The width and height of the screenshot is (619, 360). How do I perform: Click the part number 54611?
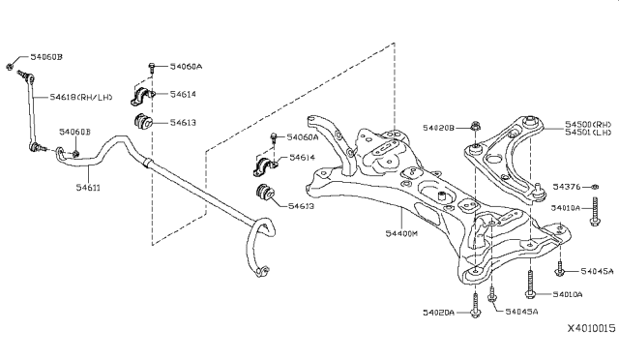[x=88, y=187]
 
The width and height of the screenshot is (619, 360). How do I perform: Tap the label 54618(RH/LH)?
[x=81, y=97]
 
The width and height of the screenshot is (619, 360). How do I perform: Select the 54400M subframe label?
[x=401, y=233]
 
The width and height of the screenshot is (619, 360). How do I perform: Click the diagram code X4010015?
[x=591, y=328]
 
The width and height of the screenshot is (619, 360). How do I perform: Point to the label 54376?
[x=566, y=187]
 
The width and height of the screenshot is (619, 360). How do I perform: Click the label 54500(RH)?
[x=588, y=124]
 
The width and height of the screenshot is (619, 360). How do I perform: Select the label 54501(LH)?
[x=588, y=133]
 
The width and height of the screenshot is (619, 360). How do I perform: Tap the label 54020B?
[x=438, y=128]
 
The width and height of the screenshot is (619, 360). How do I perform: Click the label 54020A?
[x=438, y=313]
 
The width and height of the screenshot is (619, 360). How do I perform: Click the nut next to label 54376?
[x=596, y=187]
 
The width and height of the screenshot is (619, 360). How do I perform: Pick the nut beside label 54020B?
[x=475, y=127]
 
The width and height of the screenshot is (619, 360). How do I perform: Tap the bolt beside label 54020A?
[x=476, y=305]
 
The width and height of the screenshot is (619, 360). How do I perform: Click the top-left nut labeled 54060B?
[x=10, y=66]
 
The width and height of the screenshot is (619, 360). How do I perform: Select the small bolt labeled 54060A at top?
[x=152, y=68]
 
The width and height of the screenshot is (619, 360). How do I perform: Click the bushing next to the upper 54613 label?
[x=143, y=121]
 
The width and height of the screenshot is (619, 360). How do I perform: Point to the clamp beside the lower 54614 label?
[x=265, y=166]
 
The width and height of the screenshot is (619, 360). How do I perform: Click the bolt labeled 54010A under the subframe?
[x=531, y=285]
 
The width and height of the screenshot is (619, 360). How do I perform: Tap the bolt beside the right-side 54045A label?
[x=559, y=268]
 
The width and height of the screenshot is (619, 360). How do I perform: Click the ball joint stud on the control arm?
[x=538, y=190]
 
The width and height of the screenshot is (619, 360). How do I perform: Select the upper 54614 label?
[x=183, y=94]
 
